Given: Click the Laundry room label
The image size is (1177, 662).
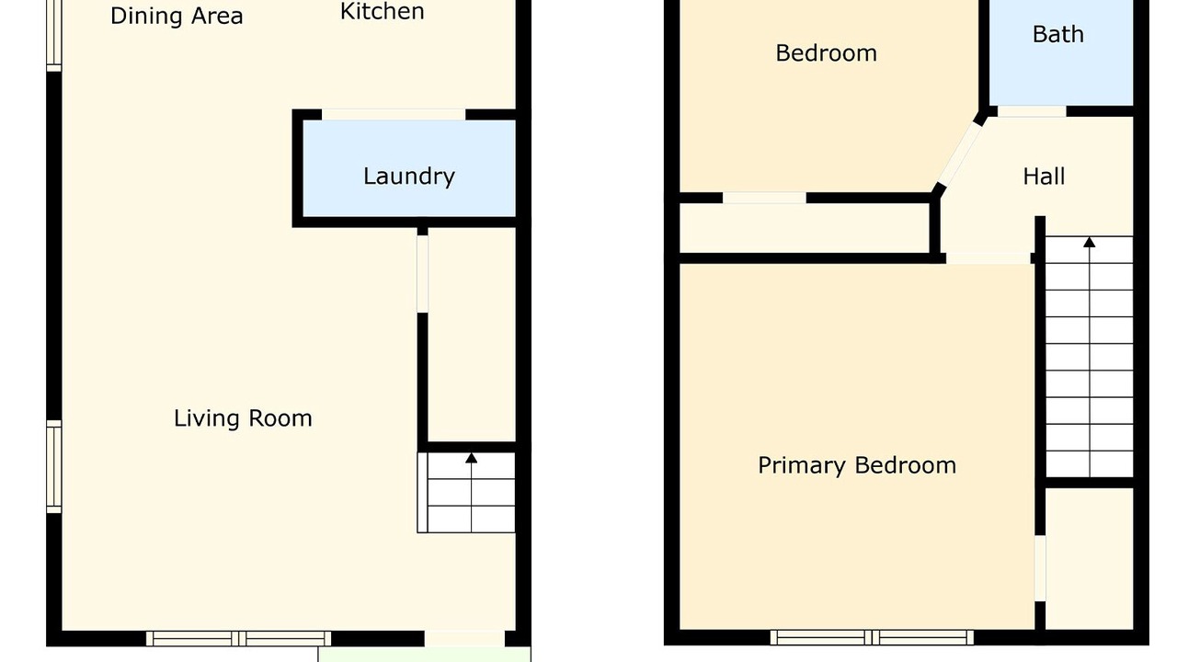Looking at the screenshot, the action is tap(409, 177).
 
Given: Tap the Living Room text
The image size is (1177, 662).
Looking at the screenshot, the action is tap(243, 418).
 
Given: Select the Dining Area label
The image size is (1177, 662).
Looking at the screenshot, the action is tap(177, 17).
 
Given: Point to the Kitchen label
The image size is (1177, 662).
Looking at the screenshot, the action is tap(382, 12).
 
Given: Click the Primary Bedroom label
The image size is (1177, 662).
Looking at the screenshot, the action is tap(857, 466).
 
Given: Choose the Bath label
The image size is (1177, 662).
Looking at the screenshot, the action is tap(1058, 35).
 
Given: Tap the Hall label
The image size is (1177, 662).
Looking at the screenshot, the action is tap(1044, 177).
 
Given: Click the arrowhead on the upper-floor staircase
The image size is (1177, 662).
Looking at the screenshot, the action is tap(1090, 242).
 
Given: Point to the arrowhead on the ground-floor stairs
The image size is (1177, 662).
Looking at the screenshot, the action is tap(472, 458).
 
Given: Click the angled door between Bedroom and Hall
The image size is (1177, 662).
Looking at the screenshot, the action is tap(960, 154).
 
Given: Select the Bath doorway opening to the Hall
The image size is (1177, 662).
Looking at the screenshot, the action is tap(1032, 111).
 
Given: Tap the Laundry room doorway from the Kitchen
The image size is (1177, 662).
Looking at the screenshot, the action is tap(394, 115).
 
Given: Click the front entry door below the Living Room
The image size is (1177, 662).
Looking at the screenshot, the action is tap(464, 638).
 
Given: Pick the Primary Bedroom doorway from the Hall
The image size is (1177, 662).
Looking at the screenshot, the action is tap(988, 258).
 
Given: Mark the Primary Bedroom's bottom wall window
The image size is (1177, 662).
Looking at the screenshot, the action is tap(872, 637).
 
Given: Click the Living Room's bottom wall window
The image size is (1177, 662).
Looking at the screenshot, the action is tap(238, 639).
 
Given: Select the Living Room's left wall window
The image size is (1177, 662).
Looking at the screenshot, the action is tap(54, 466).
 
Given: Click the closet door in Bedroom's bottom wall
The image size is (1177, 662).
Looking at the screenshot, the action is tap(764, 198).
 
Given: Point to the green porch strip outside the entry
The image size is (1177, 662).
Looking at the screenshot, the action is tap(424, 655).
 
